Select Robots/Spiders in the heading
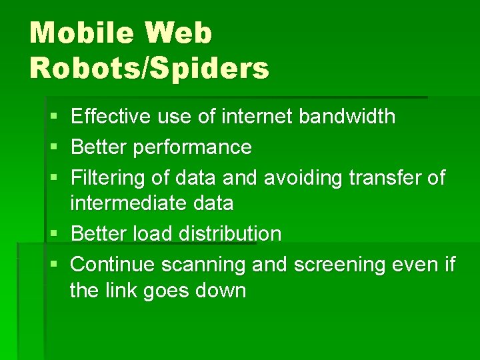[x=149, y=67]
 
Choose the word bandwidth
[x=347, y=117]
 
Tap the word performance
[x=192, y=147]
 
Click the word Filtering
[x=103, y=178]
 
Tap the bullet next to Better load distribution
[x=53, y=234]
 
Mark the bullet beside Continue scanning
[x=53, y=265]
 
